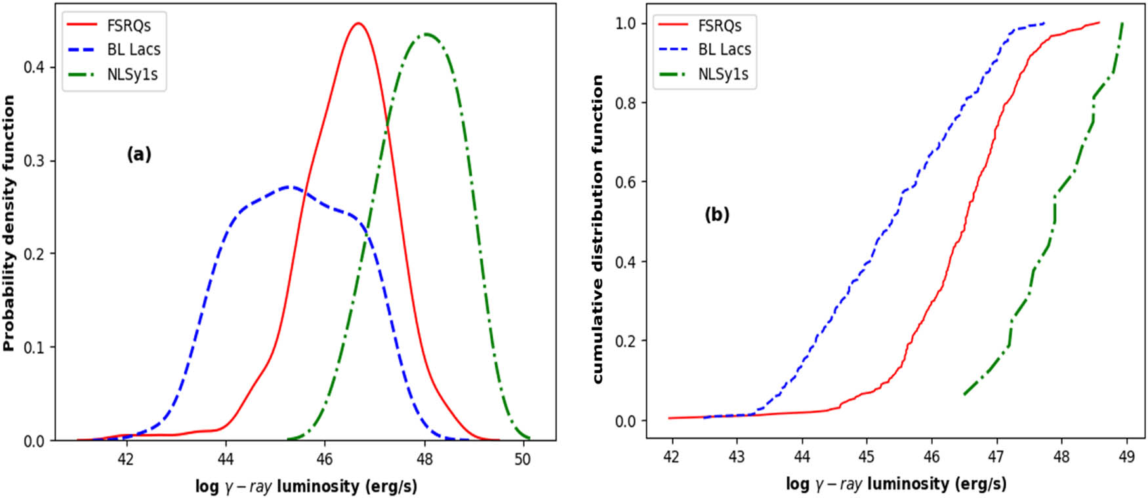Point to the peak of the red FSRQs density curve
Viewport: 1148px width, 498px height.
(x=358, y=24)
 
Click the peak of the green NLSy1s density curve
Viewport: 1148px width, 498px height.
(x=426, y=34)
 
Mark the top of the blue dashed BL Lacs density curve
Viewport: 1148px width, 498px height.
(x=289, y=187)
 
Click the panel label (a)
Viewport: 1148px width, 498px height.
(x=138, y=154)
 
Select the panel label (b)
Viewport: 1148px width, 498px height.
(x=716, y=214)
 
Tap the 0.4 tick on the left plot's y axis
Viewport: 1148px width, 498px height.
(x=33, y=67)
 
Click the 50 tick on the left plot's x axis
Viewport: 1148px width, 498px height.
(x=523, y=459)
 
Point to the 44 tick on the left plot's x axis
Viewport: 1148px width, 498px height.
(x=225, y=459)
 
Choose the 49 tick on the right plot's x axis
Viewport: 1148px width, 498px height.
(x=1126, y=456)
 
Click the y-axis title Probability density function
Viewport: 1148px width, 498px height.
(x=9, y=223)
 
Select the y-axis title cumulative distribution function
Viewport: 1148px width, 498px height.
(x=598, y=229)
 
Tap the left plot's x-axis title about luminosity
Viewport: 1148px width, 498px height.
(x=306, y=486)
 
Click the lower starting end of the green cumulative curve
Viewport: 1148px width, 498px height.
(x=965, y=394)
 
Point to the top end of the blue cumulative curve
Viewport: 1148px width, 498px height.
(x=1044, y=24)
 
